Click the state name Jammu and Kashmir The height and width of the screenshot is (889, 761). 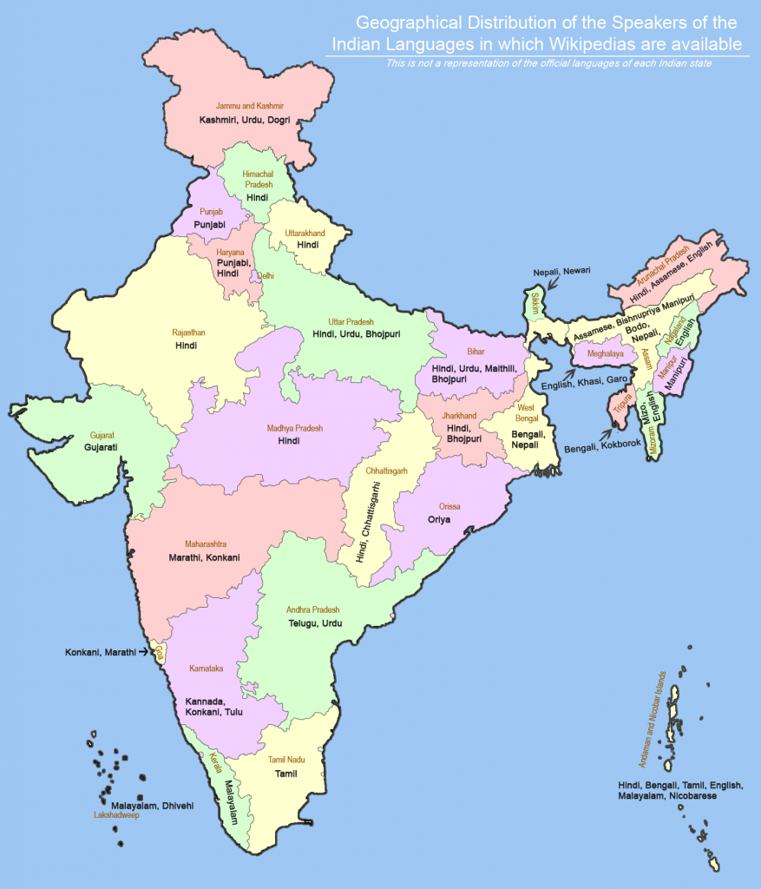click(x=250, y=106)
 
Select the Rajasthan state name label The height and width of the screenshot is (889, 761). click(x=188, y=333)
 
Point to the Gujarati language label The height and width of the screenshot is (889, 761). click(x=102, y=447)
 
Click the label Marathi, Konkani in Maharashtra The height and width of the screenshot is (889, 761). click(x=205, y=557)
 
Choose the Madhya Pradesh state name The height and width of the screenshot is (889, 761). click(x=294, y=428)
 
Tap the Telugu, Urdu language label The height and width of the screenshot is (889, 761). click(x=315, y=623)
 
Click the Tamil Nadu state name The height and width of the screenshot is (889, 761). click(x=285, y=761)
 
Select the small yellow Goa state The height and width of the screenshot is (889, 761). click(x=159, y=650)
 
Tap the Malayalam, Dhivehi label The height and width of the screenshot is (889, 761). click(x=152, y=806)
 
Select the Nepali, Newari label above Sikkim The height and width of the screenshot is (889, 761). click(x=561, y=271)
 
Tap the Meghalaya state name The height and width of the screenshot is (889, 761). click(x=606, y=354)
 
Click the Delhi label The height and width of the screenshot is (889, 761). click(x=266, y=276)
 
